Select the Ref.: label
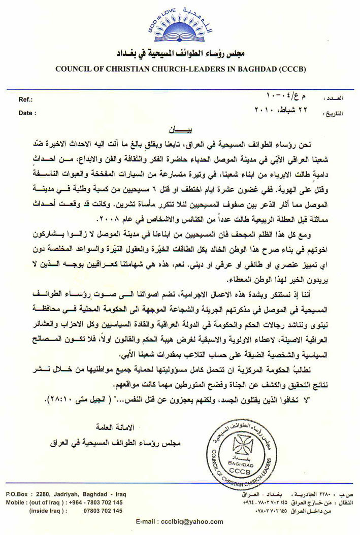26,100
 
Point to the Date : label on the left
27,114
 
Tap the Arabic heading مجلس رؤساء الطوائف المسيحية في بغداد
180,53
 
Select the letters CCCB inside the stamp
240,472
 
